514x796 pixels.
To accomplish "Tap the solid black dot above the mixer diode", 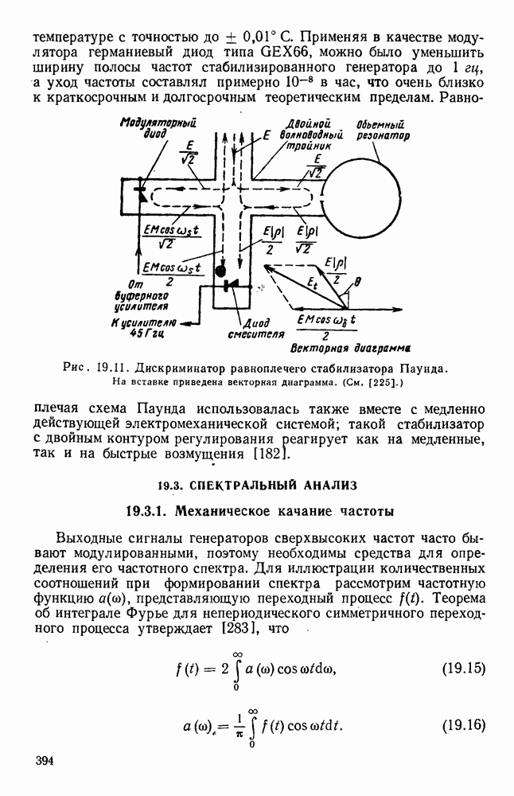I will [220, 271].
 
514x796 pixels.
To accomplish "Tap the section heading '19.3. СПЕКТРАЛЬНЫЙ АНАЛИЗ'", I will [257, 484].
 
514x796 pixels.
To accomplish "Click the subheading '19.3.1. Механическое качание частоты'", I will [257, 510].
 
